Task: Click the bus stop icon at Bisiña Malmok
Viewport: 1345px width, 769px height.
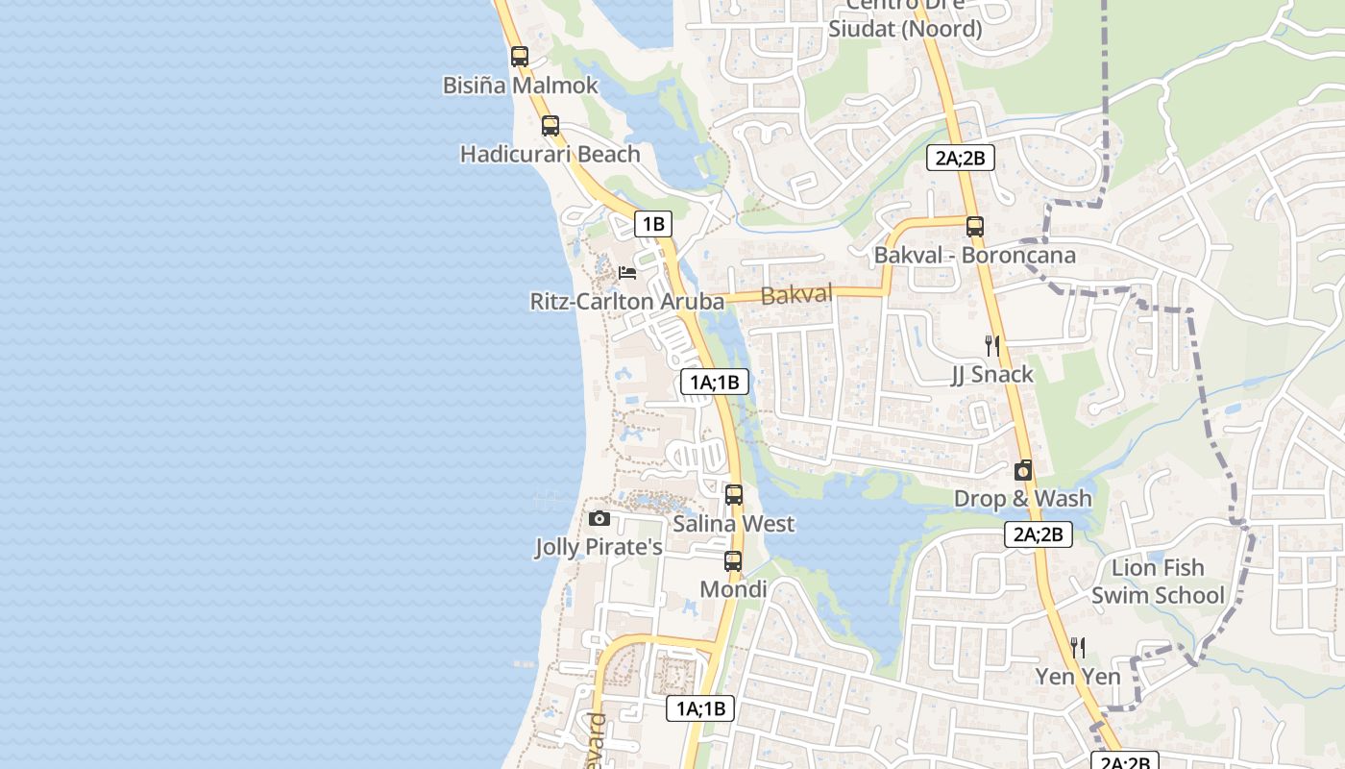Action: click(520, 57)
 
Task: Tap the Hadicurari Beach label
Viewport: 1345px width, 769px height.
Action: click(550, 154)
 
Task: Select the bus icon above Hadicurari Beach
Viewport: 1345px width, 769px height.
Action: click(550, 126)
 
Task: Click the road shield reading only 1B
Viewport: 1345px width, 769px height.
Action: click(653, 225)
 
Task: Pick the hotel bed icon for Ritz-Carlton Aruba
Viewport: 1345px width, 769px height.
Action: click(627, 273)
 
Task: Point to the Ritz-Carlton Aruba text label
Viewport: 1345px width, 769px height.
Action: click(626, 302)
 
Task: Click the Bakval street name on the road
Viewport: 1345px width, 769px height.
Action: click(796, 295)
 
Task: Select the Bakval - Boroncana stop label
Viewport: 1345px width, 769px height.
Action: click(974, 256)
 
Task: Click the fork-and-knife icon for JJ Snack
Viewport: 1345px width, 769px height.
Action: click(992, 346)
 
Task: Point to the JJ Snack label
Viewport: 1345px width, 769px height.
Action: click(992, 374)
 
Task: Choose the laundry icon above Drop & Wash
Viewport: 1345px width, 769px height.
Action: click(1023, 471)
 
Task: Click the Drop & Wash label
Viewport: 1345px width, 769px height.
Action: click(1023, 498)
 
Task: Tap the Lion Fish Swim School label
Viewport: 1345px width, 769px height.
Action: click(1158, 582)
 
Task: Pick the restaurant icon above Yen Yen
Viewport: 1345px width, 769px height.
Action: click(1078, 648)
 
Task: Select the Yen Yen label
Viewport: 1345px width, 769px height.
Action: click(1078, 677)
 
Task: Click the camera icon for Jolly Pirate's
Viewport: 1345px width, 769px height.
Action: click(599, 519)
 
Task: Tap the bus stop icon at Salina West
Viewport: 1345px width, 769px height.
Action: click(734, 496)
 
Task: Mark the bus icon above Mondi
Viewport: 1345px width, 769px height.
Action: click(733, 561)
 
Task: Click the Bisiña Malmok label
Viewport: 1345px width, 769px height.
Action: click(520, 86)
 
